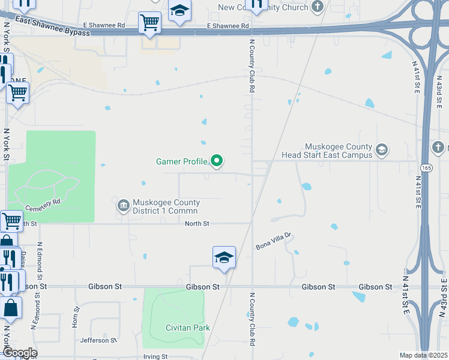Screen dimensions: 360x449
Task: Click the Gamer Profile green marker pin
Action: coord(217,161)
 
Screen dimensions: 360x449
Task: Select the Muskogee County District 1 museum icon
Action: coord(123,206)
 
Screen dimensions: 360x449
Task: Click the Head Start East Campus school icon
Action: coord(381,149)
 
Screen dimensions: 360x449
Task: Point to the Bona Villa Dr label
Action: coord(273,241)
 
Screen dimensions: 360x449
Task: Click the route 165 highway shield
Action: coord(424,167)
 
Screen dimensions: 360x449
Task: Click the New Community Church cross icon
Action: coord(318,7)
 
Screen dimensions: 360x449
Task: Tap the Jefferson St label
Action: coord(97,340)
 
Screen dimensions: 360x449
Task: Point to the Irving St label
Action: coord(155,356)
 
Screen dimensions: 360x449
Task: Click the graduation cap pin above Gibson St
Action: coord(224,257)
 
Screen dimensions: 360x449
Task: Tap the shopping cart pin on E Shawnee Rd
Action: coord(149,23)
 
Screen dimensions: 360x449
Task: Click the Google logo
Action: coord(19,353)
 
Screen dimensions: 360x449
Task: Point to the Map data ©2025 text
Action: coord(424,355)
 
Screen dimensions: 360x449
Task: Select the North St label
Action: coord(197,223)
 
